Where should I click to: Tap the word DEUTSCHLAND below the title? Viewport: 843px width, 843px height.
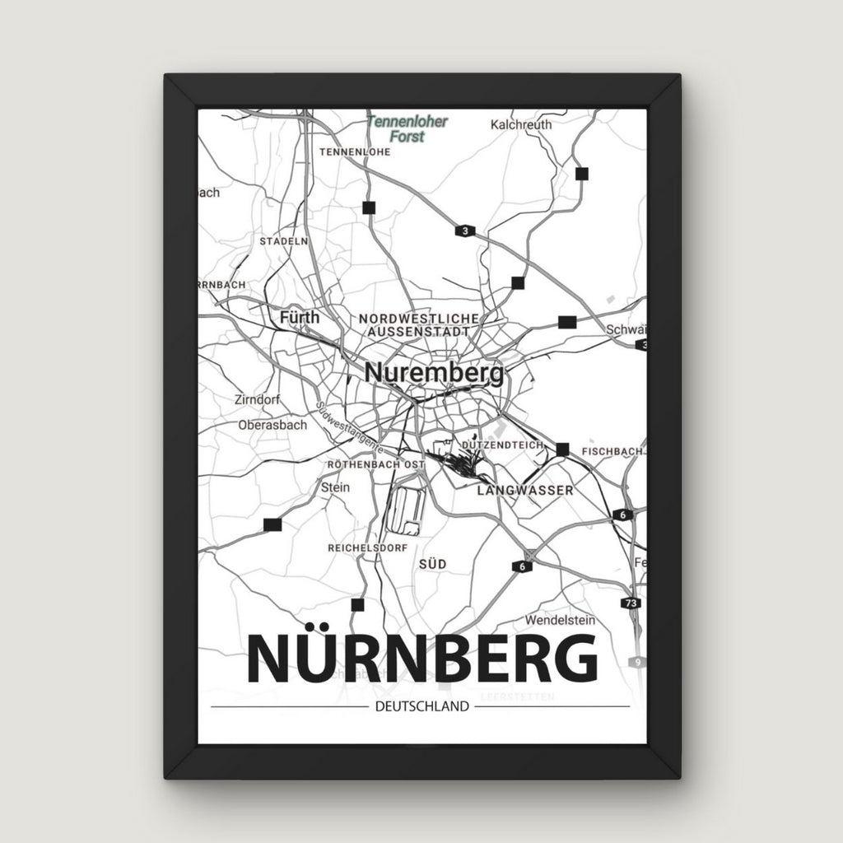421,706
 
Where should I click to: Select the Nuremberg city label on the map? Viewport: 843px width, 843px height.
434,373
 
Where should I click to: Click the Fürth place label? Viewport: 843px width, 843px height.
299,317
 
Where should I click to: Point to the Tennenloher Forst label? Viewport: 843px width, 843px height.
408,128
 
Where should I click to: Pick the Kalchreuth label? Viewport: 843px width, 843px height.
520,125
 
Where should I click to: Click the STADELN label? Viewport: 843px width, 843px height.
283,241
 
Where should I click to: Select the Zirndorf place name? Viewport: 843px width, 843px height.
257,399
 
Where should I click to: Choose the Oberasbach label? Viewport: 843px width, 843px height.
272,426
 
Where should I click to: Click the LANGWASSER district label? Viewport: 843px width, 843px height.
525,490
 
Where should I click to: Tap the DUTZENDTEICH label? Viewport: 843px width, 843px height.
504,445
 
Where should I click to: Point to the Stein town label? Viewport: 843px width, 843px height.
335,487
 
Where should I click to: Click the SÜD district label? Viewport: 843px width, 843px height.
432,563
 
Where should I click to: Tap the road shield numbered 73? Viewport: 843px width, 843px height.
631,603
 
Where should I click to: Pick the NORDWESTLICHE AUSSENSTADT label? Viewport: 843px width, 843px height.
419,324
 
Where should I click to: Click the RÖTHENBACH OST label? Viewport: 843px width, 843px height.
375,465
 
